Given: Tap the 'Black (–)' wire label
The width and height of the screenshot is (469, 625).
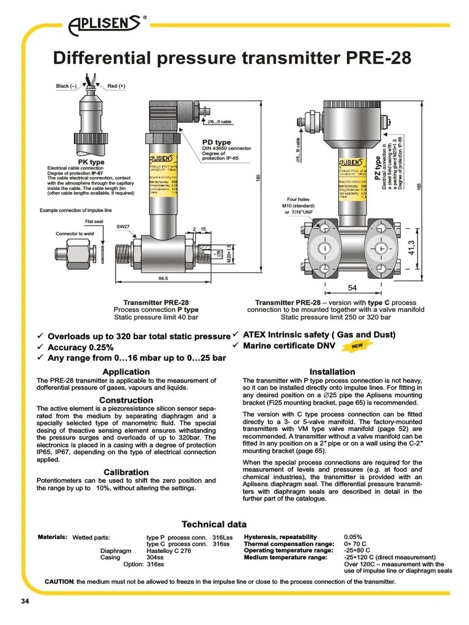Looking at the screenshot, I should tap(66, 86).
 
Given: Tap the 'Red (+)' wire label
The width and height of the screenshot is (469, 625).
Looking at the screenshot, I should tap(116, 86).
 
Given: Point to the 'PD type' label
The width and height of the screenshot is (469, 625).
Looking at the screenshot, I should tap(216, 142).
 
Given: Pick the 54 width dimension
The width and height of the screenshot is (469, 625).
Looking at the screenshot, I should tap(352, 287).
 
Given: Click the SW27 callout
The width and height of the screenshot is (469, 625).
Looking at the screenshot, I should tap(123, 226).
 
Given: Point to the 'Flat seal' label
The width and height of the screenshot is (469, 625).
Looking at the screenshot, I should tap(94, 222).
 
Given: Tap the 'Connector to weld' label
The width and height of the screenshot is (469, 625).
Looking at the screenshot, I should tap(75, 234).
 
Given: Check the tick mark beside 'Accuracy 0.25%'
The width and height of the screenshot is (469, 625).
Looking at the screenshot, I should tap(40, 347).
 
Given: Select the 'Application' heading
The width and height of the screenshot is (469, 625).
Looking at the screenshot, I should tap(126, 372).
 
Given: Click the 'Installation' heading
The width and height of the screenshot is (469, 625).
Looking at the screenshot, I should tap(332, 372).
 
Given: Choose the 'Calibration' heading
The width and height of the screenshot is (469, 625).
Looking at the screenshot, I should tap(126, 472).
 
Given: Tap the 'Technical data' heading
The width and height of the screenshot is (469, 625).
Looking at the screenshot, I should tap(214, 524).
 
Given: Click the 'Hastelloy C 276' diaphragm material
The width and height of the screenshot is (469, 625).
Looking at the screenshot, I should tap(169, 551).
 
